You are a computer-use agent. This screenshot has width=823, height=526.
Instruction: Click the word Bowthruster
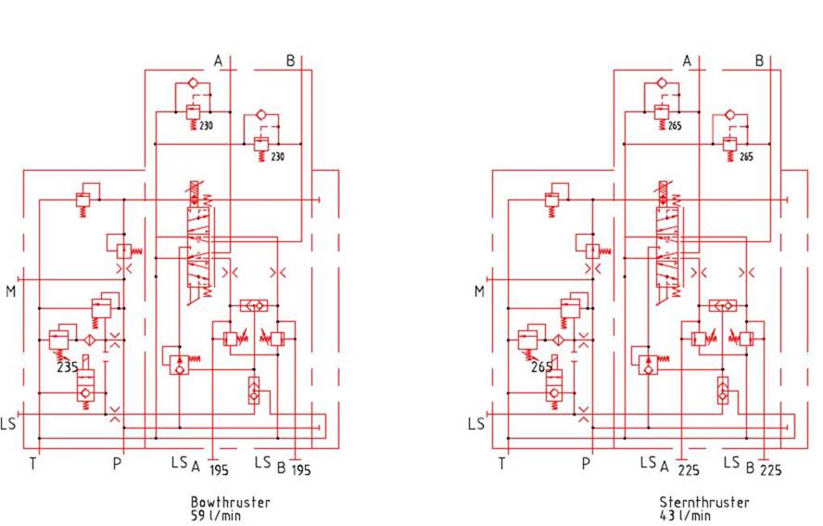pyautogui.click(x=230, y=502)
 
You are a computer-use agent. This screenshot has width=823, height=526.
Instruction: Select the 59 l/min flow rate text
pyautogui.click(x=216, y=516)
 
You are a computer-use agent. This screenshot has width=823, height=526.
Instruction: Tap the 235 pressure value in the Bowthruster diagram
pyautogui.click(x=67, y=366)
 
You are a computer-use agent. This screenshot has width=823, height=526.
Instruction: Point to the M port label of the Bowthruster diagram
pyautogui.click(x=11, y=291)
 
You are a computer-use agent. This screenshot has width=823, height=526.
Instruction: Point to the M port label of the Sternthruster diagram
pyautogui.click(x=479, y=291)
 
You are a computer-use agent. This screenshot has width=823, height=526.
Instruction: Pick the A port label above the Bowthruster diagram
pyautogui.click(x=218, y=61)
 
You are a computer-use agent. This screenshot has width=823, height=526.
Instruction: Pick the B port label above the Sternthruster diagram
pyautogui.click(x=759, y=61)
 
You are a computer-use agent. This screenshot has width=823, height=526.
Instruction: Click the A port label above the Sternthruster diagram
pyautogui.click(x=687, y=61)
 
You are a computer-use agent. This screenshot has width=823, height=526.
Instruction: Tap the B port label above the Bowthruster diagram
pyautogui.click(x=290, y=61)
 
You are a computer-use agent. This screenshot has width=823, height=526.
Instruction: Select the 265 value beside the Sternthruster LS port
pyautogui.click(x=541, y=367)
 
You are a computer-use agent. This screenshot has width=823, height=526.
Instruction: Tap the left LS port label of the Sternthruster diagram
pyautogui.click(x=476, y=424)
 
